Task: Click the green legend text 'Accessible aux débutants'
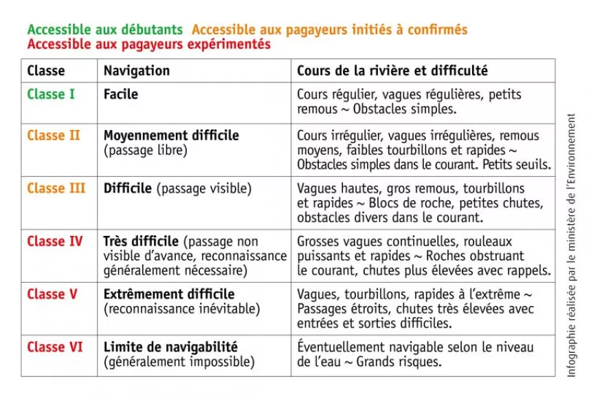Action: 104,30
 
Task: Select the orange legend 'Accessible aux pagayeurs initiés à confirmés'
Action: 329,30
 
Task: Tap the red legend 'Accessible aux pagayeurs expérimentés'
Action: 148,45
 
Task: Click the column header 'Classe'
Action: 46,71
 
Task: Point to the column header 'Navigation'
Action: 137,71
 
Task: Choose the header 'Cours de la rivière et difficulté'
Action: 392,71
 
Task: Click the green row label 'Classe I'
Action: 51,94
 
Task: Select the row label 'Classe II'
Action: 54,136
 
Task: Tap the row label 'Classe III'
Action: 56,188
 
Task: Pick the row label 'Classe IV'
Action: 55,241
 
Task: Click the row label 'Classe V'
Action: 52,294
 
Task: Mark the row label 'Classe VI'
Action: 55,347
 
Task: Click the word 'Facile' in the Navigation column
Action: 121,94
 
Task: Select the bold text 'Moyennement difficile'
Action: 171,136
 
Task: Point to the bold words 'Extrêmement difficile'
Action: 169,294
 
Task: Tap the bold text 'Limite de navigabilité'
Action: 170,347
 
